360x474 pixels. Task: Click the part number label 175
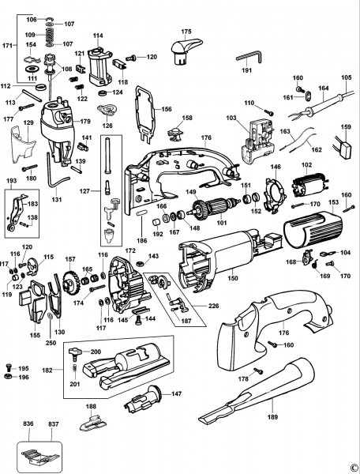(x=186, y=32)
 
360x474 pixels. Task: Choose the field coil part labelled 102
(x=306, y=188)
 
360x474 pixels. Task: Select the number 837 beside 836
(x=54, y=424)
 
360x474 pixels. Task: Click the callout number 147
(x=177, y=393)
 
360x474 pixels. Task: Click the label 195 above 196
(x=23, y=368)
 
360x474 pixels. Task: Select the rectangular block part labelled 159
(x=345, y=149)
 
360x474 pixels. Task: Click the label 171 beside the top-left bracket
(x=8, y=47)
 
